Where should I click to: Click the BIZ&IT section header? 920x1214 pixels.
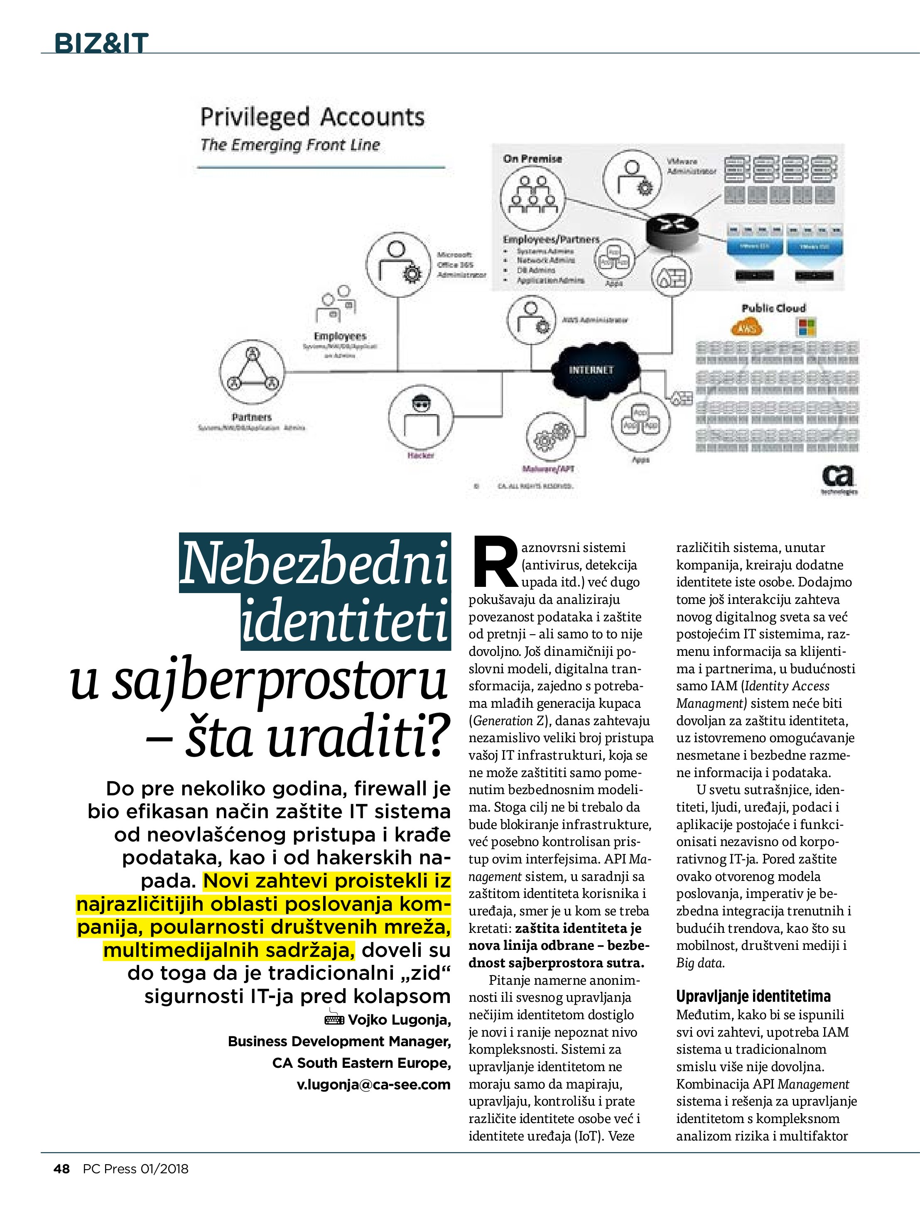[101, 43]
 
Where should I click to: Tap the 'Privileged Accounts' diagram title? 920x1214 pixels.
[312, 117]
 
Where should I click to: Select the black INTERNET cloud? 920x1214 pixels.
[591, 370]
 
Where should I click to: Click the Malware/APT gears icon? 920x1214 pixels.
[552, 437]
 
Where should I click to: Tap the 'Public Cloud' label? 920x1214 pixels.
[773, 309]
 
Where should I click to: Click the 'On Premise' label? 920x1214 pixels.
[532, 159]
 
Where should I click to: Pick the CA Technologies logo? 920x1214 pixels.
[838, 478]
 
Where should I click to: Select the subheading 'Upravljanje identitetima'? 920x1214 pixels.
[753, 996]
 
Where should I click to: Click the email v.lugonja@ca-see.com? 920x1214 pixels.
[373, 1084]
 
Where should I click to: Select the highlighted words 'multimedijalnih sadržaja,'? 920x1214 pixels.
[229, 949]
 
